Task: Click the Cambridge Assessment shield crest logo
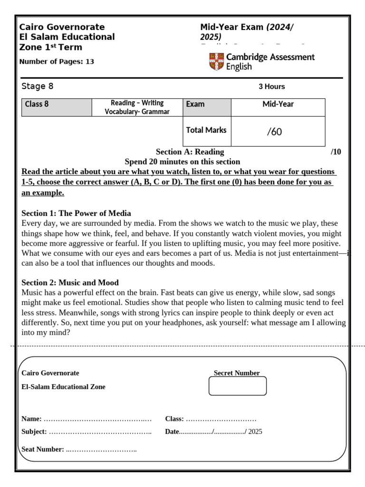click(x=216, y=62)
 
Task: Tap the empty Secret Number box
click(x=238, y=386)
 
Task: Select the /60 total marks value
click(x=274, y=132)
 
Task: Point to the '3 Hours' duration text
click(x=271, y=87)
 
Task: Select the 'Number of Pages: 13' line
click(x=57, y=61)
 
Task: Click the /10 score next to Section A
click(x=336, y=152)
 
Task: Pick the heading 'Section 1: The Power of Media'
click(x=77, y=213)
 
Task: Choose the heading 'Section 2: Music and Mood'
click(x=70, y=282)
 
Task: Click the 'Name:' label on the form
click(x=31, y=419)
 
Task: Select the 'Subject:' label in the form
click(x=34, y=432)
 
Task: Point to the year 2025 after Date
click(x=255, y=432)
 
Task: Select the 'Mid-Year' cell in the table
click(x=278, y=104)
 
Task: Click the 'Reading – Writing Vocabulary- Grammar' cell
click(x=137, y=107)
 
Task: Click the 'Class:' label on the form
click(x=174, y=419)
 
